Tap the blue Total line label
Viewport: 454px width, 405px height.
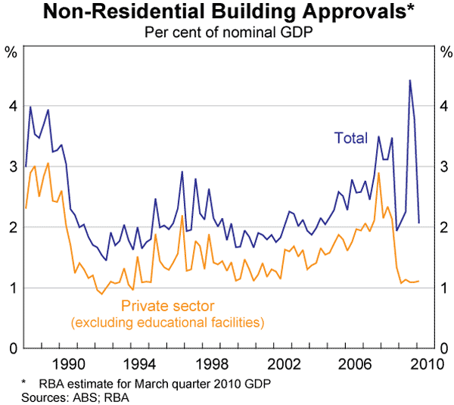tap(350, 139)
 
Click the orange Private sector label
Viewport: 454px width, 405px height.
tap(168, 307)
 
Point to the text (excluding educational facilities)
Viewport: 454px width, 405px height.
tap(167, 323)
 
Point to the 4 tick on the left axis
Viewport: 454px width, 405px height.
tap(12, 106)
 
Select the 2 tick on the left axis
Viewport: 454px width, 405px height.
tap(12, 227)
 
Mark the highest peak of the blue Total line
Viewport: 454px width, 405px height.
tap(409, 80)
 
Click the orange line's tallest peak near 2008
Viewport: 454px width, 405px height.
tap(378, 173)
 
